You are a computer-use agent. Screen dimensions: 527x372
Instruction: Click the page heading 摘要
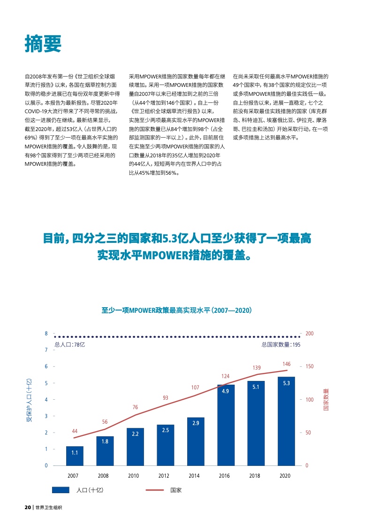(43, 44)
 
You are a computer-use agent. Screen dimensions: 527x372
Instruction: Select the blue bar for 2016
(226, 425)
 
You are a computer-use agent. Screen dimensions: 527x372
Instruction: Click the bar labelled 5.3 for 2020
(286, 421)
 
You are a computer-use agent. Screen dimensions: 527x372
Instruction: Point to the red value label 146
(287, 364)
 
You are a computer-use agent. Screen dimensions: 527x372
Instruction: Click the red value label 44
(75, 431)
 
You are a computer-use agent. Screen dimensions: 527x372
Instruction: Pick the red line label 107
(195, 387)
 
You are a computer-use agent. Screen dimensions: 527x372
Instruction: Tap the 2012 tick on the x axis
(164, 476)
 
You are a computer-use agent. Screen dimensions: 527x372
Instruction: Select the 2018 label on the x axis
(254, 476)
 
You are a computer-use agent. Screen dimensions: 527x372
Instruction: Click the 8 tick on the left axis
(46, 333)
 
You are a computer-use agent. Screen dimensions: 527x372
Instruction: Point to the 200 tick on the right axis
(309, 333)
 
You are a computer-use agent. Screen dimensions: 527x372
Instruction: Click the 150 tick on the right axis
(309, 366)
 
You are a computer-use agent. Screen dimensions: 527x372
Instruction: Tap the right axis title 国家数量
(326, 400)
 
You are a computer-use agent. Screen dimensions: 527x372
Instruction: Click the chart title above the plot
(177, 310)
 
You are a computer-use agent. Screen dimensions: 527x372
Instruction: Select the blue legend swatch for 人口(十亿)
(61, 490)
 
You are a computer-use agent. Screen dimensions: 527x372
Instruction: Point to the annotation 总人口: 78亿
(70, 344)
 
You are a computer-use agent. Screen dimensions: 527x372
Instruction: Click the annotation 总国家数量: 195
(281, 344)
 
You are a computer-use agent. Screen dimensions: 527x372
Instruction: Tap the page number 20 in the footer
(28, 507)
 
